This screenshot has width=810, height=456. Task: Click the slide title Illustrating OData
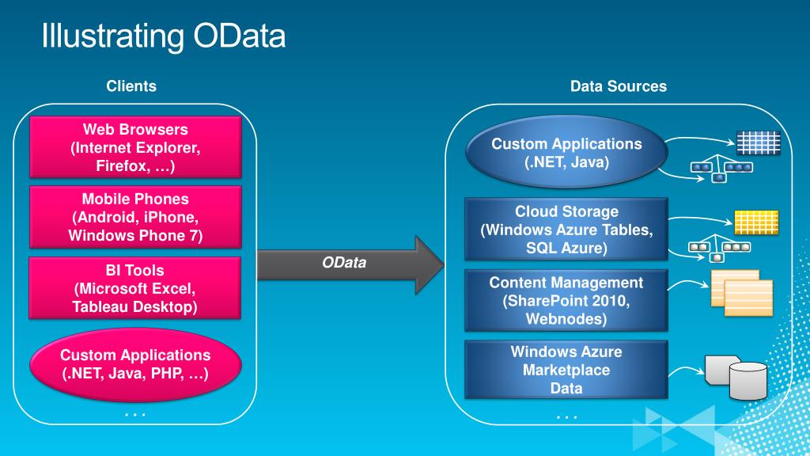tap(163, 36)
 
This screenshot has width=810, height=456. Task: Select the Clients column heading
tap(131, 85)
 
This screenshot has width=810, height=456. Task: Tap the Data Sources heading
tap(619, 85)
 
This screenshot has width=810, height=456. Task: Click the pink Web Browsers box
tap(135, 147)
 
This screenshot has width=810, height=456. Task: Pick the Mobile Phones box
tap(135, 217)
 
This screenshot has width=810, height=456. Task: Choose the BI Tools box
tap(134, 288)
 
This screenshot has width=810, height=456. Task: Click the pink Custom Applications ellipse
tap(135, 364)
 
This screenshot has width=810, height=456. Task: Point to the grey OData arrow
tap(350, 264)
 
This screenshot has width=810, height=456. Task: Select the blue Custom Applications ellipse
tap(566, 152)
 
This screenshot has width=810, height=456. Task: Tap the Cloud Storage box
tap(566, 229)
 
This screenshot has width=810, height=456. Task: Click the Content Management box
tap(566, 300)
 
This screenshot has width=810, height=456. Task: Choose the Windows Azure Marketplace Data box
tap(566, 369)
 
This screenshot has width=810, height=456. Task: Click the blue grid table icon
tap(759, 142)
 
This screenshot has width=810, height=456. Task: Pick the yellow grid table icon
tap(756, 222)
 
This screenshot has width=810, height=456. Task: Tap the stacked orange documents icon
tap(742, 293)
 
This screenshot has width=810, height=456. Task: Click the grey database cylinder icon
tap(736, 378)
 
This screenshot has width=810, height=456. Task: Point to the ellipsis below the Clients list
tap(135, 415)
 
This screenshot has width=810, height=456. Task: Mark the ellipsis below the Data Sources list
tap(566, 416)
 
